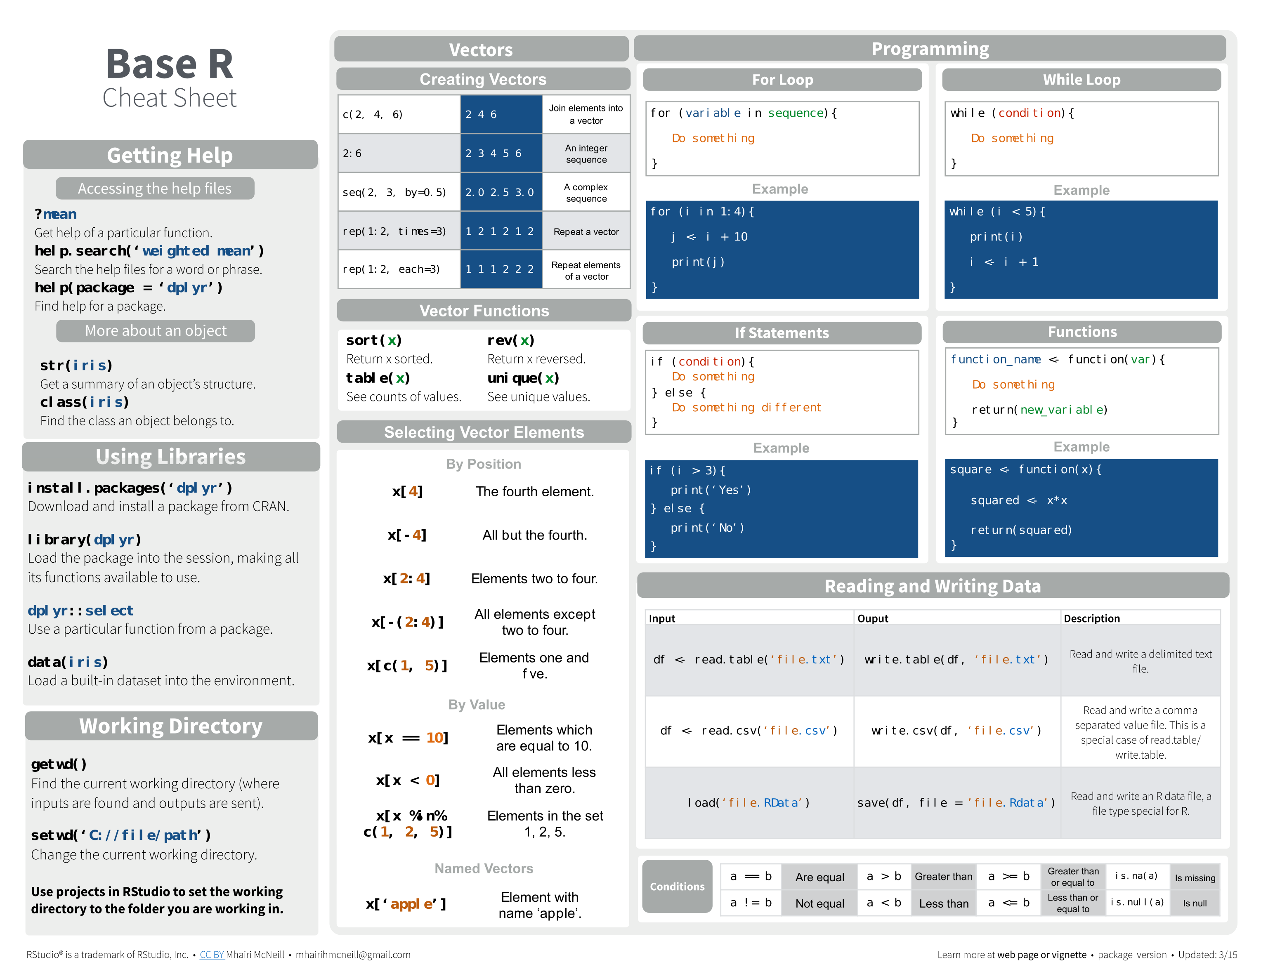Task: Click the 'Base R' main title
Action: pyautogui.click(x=169, y=64)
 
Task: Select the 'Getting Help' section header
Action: pyautogui.click(x=170, y=155)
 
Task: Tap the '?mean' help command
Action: pyautogui.click(x=55, y=214)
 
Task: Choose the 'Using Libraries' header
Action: pyautogui.click(x=170, y=457)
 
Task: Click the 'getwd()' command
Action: pyautogui.click(x=59, y=764)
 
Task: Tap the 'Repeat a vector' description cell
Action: pyautogui.click(x=586, y=231)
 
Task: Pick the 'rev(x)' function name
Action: pyautogui.click(x=510, y=341)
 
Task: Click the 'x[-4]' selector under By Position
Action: pyautogui.click(x=407, y=535)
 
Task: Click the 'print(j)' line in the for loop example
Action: pyautogui.click(x=697, y=262)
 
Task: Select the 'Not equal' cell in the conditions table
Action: pyautogui.click(x=819, y=903)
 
